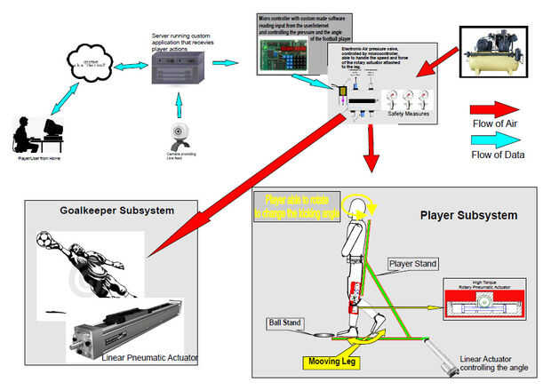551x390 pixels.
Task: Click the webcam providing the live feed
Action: coord(180,134)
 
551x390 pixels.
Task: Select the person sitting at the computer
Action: coord(33,132)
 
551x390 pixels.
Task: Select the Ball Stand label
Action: coord(284,321)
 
